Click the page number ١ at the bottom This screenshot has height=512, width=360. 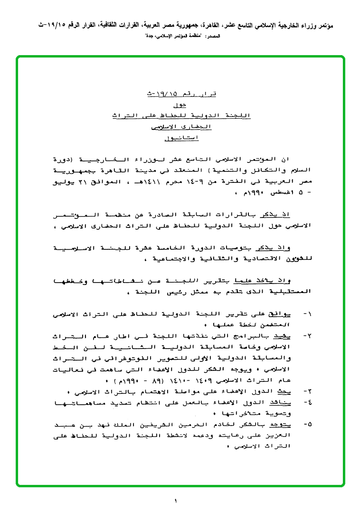(175, 501)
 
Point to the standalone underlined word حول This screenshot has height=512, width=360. (180, 104)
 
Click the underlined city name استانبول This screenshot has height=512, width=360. (180, 138)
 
